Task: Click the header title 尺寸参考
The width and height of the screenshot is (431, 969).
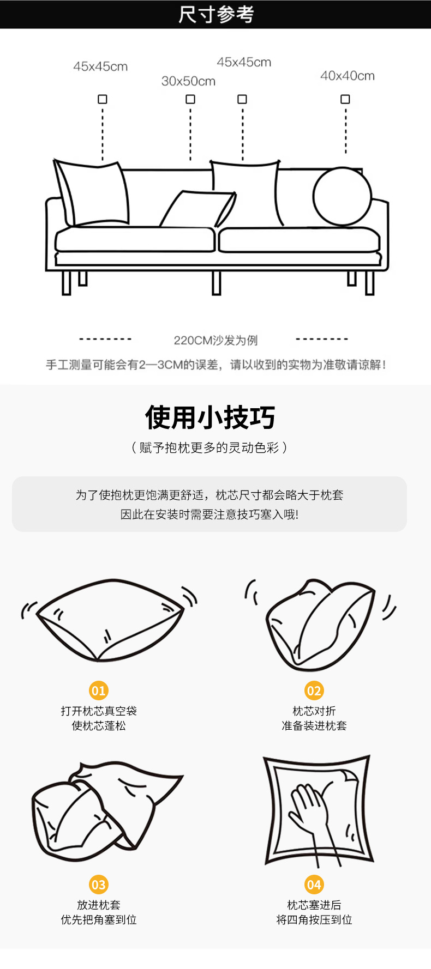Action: [x=215, y=14]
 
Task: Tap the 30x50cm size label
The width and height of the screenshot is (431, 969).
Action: [x=188, y=81]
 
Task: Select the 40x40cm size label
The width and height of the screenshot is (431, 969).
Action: [x=347, y=76]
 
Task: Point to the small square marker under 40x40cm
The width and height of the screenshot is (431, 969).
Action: [x=345, y=99]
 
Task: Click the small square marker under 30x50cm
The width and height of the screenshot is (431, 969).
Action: [x=190, y=99]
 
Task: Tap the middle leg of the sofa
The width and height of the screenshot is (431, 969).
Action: [x=216, y=282]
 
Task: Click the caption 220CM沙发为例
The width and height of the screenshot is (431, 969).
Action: [x=215, y=341]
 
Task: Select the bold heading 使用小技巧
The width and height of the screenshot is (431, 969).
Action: [x=210, y=417]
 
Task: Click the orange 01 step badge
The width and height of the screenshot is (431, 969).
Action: [x=98, y=691]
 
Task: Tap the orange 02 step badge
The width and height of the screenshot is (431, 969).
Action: [x=314, y=691]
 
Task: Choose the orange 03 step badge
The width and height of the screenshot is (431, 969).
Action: [x=98, y=885]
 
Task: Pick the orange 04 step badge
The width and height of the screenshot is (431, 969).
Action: [x=314, y=885]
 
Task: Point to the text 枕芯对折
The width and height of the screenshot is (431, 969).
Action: [x=314, y=711]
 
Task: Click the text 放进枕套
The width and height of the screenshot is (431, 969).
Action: [x=98, y=905]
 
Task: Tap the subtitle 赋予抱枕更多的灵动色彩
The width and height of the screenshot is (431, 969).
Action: [x=209, y=448]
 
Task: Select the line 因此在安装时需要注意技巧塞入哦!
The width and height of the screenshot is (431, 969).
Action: [x=209, y=514]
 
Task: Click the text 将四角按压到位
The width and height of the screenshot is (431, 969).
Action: [x=314, y=919]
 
